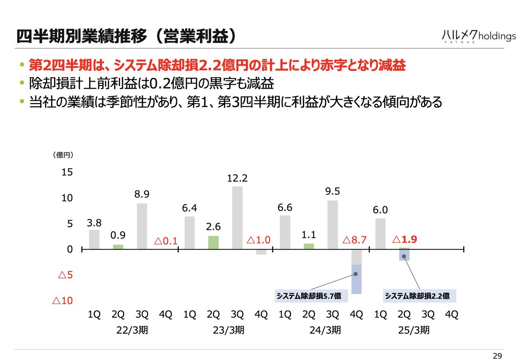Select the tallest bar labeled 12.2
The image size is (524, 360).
237,218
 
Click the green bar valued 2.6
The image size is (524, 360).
213,242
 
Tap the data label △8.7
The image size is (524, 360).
354,240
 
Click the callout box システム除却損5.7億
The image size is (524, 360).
311,296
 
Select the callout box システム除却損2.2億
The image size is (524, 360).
420,296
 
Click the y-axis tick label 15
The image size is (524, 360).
67,173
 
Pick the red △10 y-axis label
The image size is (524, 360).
62,301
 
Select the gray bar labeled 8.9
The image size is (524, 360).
142,226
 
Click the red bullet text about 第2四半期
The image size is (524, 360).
217,65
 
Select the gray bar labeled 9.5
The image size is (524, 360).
333,225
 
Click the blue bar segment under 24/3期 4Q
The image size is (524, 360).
356,279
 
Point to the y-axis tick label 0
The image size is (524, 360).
69,249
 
